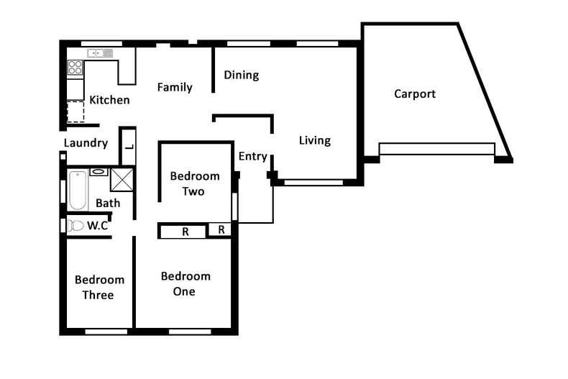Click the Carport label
(415, 93)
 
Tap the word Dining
(241, 75)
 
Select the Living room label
(315, 140)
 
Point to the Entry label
(252, 156)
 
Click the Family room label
(175, 87)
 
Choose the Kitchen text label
(109, 99)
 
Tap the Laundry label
(86, 142)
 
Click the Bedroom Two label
(194, 183)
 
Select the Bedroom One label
(185, 283)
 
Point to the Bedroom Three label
(99, 287)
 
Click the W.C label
(97, 225)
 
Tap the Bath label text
(108, 203)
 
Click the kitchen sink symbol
(100, 53)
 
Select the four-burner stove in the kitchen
(75, 68)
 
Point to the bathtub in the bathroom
(77, 190)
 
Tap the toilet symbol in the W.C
(76, 225)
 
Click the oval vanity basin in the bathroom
(99, 172)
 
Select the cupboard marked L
(127, 147)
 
